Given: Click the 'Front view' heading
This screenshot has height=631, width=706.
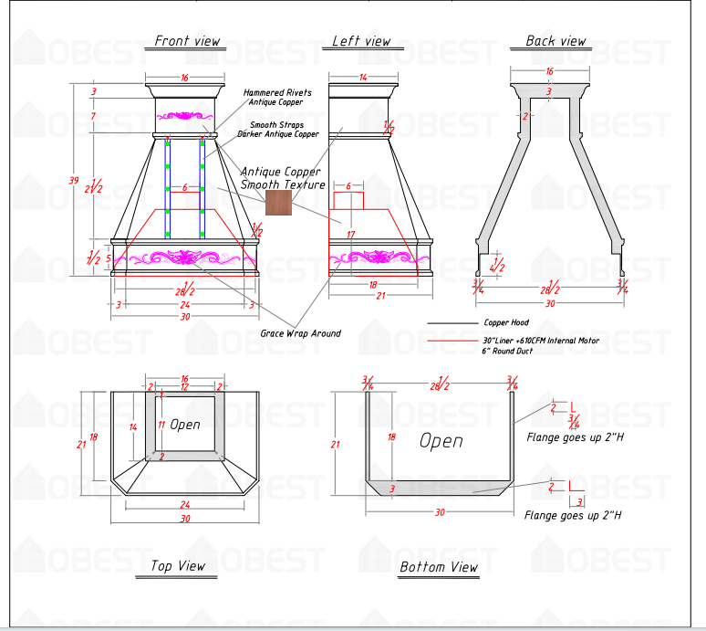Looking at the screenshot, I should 187,41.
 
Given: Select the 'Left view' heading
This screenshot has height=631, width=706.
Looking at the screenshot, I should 361,41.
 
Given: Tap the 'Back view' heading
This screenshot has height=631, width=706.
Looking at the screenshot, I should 555,41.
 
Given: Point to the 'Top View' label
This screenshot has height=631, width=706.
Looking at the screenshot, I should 178,566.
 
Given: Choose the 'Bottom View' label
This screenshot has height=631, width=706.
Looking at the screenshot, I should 439,567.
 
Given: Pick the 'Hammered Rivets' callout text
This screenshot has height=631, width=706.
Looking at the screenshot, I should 277,93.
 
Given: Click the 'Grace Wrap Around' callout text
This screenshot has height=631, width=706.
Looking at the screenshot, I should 300,333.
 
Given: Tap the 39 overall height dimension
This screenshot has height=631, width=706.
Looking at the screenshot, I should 73,181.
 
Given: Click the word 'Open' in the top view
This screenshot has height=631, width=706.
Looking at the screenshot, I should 185,425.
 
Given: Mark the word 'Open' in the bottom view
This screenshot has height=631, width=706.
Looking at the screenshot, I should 441,441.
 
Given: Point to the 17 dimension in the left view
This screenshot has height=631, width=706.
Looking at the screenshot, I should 350,236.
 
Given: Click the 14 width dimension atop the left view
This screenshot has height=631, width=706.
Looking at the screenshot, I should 362,78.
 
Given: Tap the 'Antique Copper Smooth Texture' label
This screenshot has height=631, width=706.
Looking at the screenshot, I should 282,178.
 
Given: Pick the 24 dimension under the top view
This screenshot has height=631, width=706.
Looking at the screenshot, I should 184,505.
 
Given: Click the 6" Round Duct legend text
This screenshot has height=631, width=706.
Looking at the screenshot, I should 505,351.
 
